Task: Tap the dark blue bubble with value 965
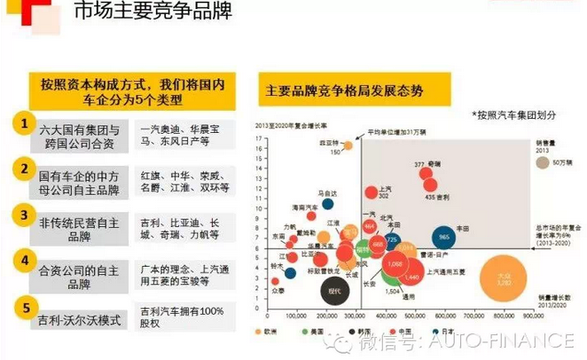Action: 444,238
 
